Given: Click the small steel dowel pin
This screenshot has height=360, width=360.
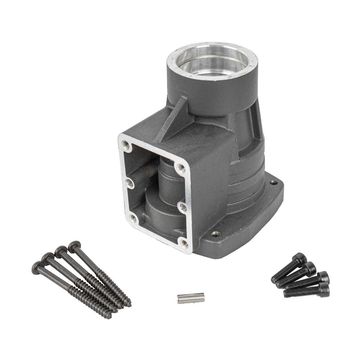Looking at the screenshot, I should coord(191,298).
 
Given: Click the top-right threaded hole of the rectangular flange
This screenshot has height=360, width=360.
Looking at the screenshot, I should coord(181,167).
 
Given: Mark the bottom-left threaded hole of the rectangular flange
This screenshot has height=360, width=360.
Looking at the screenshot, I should coord(133,217).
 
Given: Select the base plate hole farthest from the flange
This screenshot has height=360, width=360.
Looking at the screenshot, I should coord(274,183).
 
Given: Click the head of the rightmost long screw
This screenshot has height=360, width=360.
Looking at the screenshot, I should coord(74,246).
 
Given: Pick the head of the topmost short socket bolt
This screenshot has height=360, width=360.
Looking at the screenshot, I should coord(300,258).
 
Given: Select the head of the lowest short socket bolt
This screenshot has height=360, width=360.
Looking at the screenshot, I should coord(324,288).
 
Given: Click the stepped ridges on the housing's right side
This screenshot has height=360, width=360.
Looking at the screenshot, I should coord(248,180).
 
